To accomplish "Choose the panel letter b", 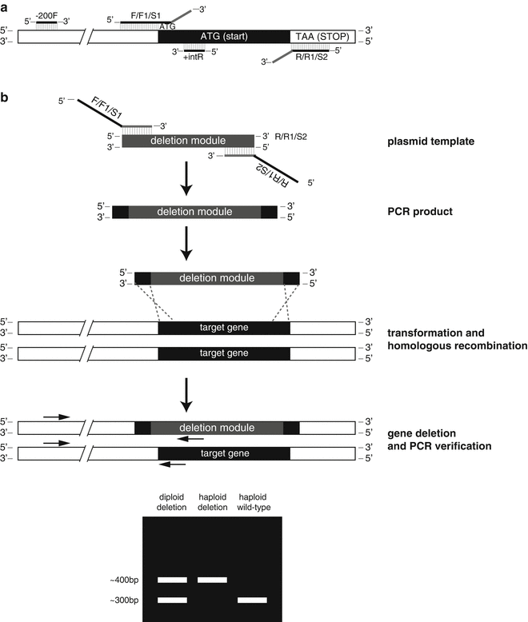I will click(6, 98).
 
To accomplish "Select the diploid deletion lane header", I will click(172, 501).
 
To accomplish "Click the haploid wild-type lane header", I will click(252, 501).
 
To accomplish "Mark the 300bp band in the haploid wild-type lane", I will click(252, 600).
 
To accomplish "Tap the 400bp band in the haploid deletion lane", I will click(212, 579).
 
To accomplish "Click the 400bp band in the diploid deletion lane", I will click(172, 579).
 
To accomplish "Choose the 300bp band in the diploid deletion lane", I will click(172, 600).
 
